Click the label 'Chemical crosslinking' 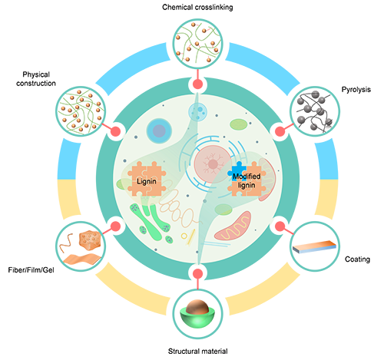tap(197, 7)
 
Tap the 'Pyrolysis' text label tap(356, 90)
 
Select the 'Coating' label tap(357, 259)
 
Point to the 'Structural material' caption tap(197, 351)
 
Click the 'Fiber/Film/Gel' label tap(31, 270)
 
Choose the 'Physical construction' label tap(36, 79)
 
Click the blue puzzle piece tap(237, 170)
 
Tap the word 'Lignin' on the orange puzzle tap(146, 181)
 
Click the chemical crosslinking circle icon tap(197, 44)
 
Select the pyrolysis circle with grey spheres tap(315, 111)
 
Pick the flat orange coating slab tap(314, 246)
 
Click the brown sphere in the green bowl tap(197, 307)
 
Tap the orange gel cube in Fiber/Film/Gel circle tap(90, 239)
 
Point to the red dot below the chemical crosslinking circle tap(197, 84)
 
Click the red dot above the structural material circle tap(197, 273)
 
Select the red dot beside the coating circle tap(280, 226)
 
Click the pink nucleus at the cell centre tap(213, 164)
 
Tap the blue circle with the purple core tap(159, 130)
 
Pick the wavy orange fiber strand tap(66, 243)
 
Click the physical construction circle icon tap(81, 111)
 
